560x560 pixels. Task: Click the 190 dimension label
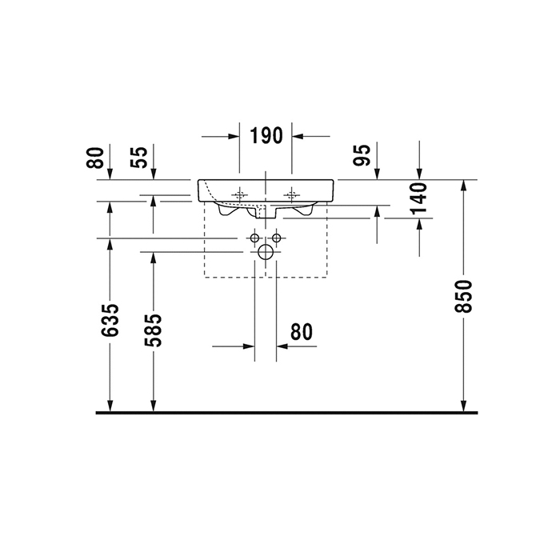click(x=266, y=136)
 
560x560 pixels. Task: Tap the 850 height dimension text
click(x=463, y=297)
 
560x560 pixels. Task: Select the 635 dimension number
click(x=110, y=320)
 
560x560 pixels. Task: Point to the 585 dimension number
click(x=153, y=330)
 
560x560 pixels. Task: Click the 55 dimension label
click(x=139, y=157)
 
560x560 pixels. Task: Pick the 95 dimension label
click(x=362, y=155)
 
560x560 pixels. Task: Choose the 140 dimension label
click(x=419, y=198)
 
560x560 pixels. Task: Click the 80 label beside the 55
click(x=95, y=157)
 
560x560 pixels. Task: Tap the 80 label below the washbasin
click(x=302, y=332)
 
